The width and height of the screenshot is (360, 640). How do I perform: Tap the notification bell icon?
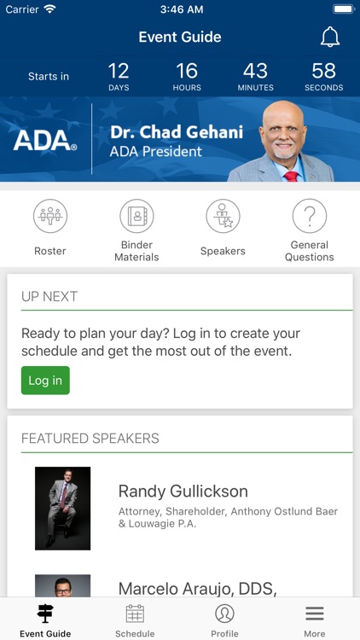click(329, 37)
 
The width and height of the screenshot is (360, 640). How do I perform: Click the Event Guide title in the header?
click(180, 37)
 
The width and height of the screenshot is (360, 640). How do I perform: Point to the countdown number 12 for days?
click(119, 71)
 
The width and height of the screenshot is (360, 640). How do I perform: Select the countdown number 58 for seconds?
click(323, 71)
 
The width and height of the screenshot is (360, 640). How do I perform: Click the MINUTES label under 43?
click(255, 88)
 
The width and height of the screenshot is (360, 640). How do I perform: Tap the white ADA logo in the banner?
click(45, 141)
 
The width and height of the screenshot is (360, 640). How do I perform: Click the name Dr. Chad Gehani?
click(177, 132)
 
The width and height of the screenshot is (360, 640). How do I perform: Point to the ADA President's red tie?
click(292, 175)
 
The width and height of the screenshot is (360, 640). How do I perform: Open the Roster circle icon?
click(50, 216)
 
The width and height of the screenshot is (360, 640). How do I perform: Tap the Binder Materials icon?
click(136, 216)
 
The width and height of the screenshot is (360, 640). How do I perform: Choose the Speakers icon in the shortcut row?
click(223, 216)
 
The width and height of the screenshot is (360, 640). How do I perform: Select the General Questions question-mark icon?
click(310, 216)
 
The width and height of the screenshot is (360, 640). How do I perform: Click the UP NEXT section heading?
click(49, 296)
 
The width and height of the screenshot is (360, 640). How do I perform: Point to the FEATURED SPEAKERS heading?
click(90, 439)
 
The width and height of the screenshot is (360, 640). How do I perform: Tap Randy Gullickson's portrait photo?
click(62, 508)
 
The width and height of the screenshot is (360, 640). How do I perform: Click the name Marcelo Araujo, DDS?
click(197, 588)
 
